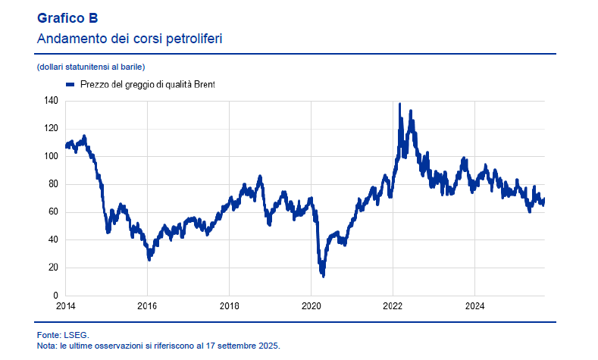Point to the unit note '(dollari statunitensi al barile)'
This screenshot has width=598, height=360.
point(90,67)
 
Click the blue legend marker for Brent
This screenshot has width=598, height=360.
point(70,86)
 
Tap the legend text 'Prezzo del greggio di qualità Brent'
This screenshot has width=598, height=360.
point(147,86)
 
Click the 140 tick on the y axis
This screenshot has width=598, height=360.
point(52,101)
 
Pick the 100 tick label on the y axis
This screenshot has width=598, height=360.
point(52,156)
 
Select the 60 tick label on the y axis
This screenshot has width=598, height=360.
point(54,212)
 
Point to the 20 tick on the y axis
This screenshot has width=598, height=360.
point(54,268)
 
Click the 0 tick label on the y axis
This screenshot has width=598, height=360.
point(56,296)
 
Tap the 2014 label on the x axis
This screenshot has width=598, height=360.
point(66,307)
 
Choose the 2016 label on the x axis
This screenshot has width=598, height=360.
point(147,307)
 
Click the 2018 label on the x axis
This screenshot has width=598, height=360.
point(229,307)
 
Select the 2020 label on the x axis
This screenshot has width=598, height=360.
point(311,307)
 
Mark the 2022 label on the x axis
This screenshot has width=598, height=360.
point(393,307)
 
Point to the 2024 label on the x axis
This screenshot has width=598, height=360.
point(474,307)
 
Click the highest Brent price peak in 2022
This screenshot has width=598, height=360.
point(400,105)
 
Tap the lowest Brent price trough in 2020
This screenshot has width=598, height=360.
point(324,275)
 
